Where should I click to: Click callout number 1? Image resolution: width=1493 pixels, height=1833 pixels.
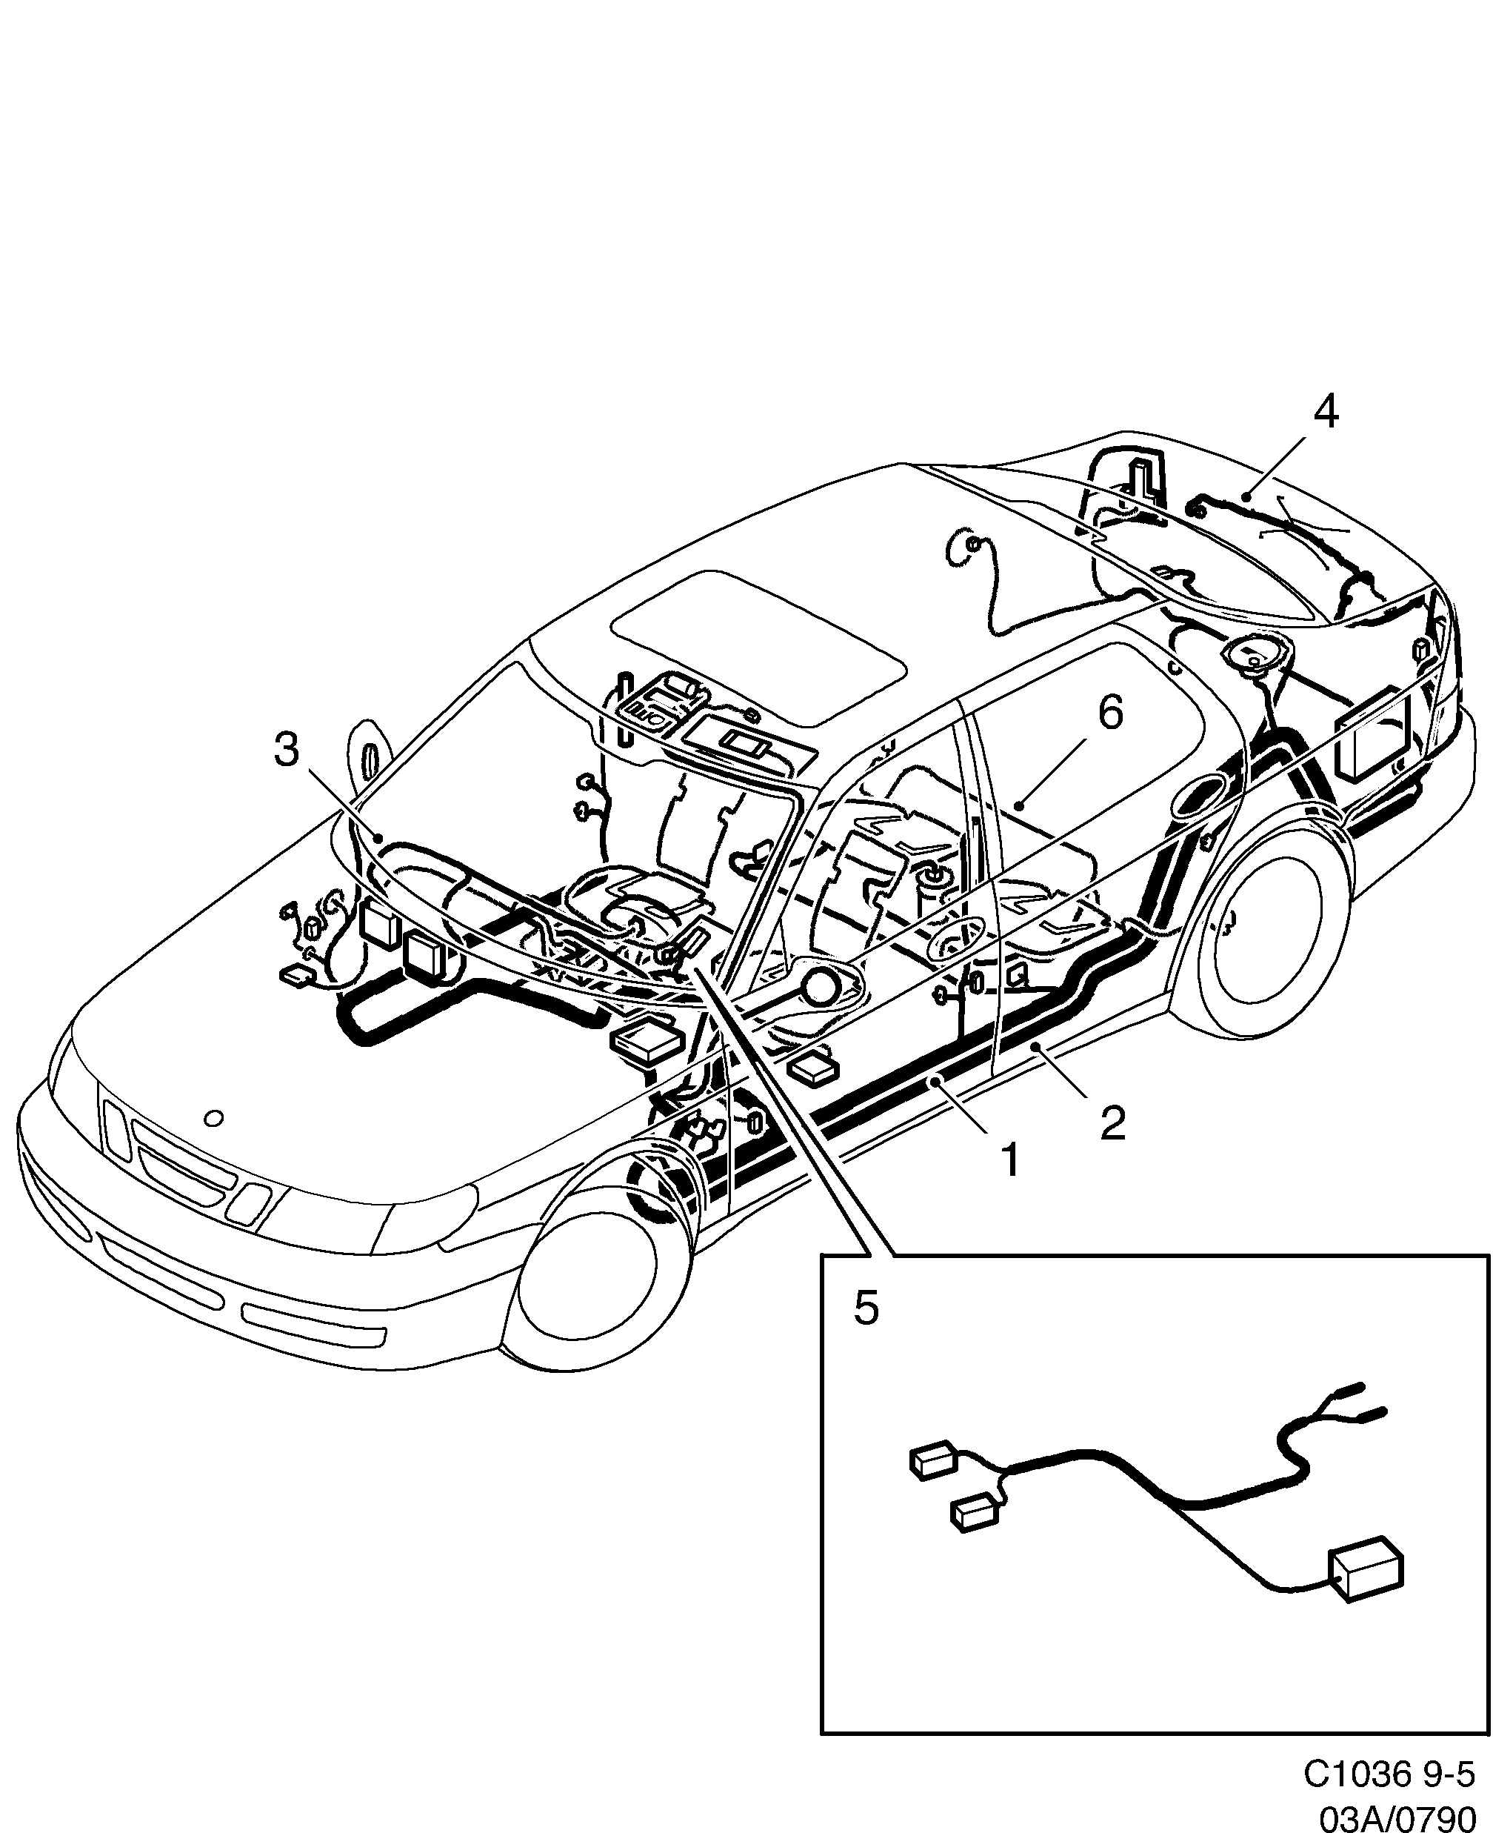click(1011, 1160)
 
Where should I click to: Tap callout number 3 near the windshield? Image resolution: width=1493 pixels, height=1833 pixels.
click(287, 750)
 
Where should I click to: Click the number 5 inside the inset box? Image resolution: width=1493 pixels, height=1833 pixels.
click(866, 1309)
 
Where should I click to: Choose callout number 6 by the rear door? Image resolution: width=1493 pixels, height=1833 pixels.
click(1110, 713)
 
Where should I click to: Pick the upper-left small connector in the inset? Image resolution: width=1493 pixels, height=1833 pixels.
click(933, 1460)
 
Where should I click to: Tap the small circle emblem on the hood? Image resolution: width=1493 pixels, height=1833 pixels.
click(214, 1118)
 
